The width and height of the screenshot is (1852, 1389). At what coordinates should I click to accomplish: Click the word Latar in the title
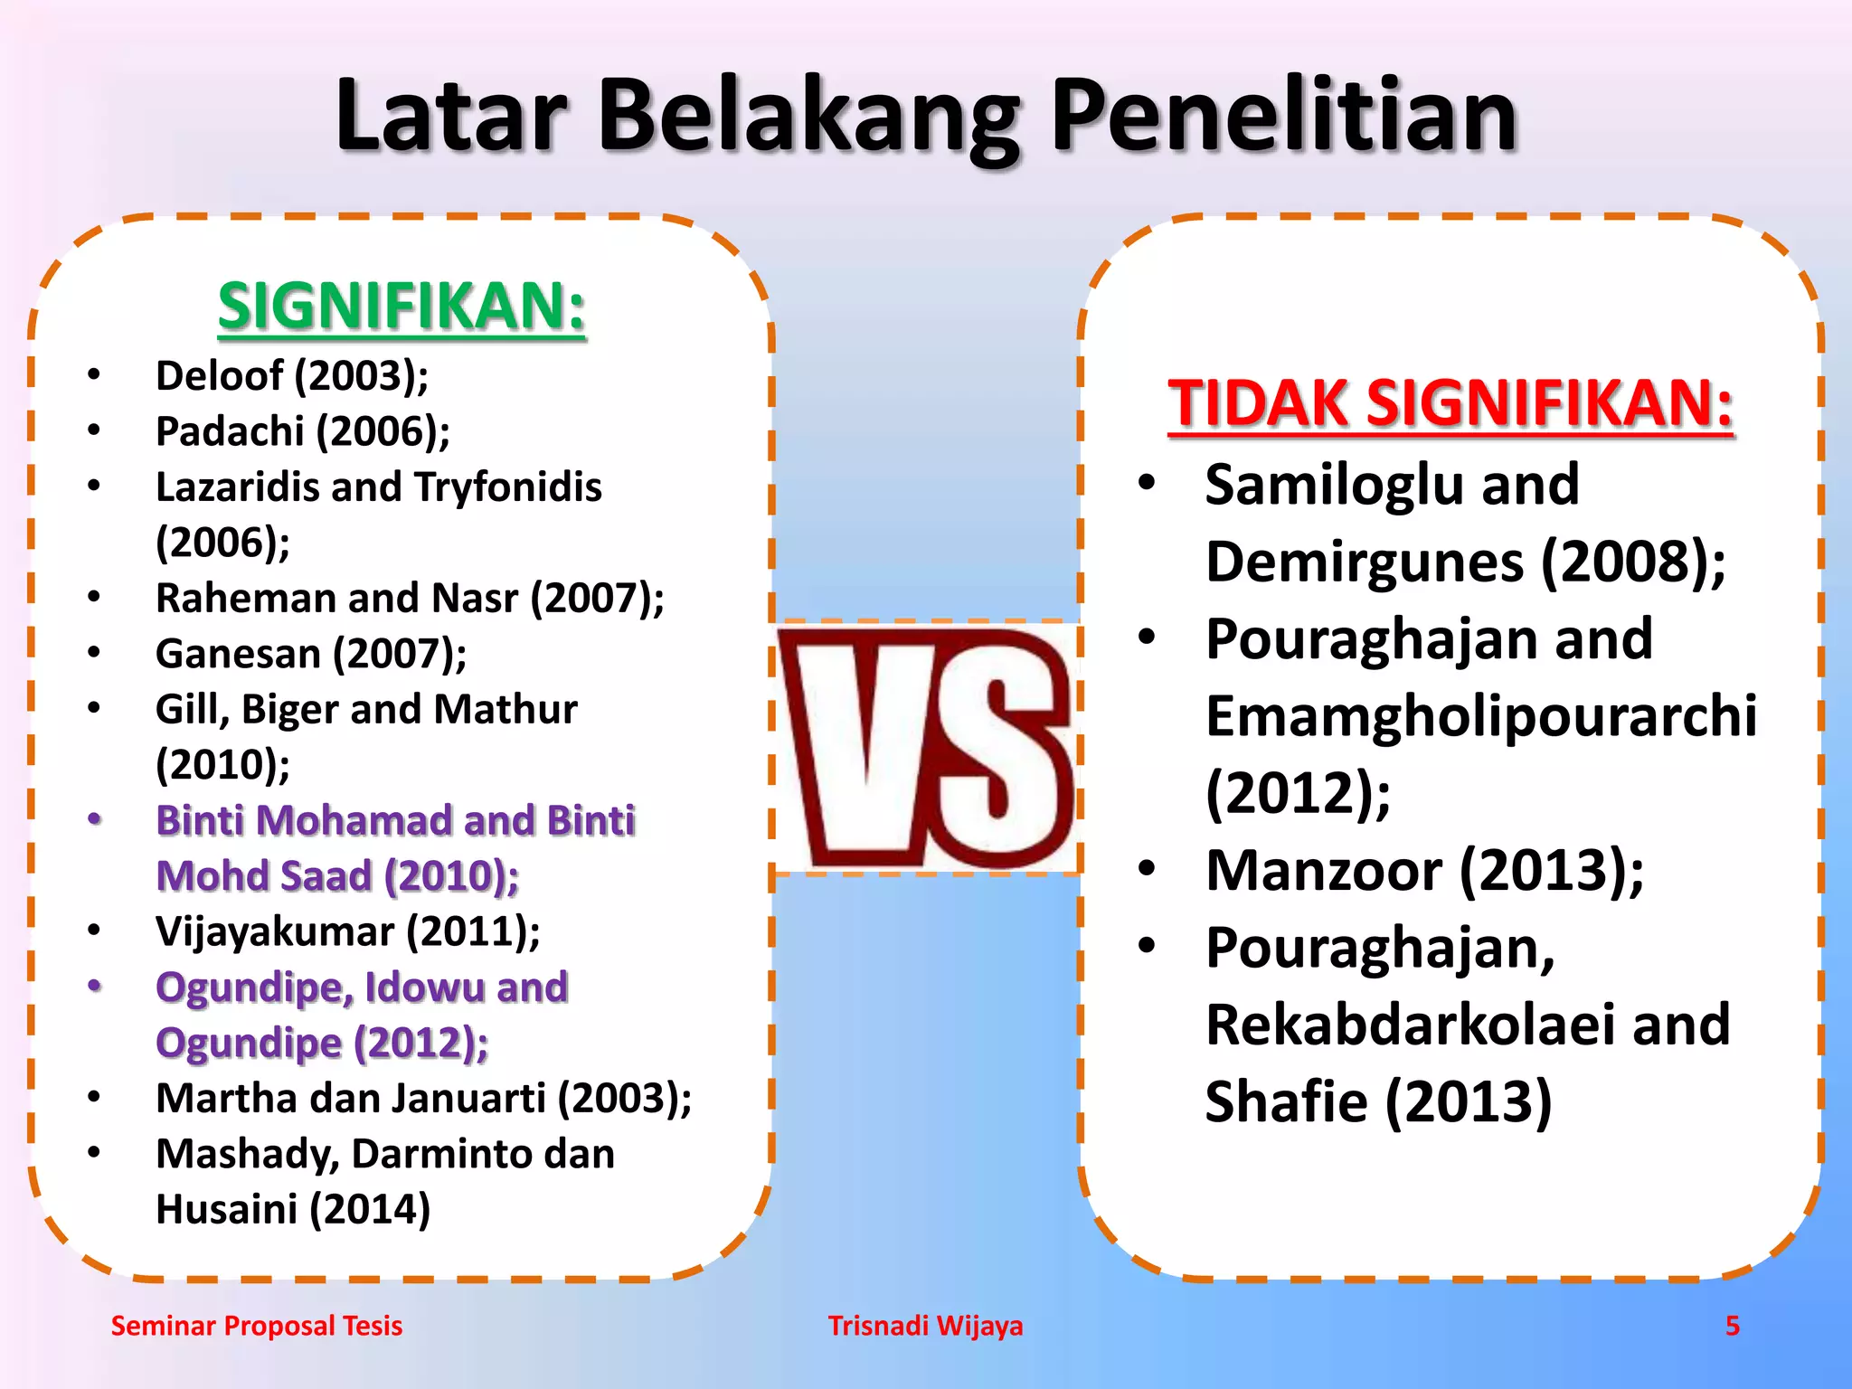tap(450, 116)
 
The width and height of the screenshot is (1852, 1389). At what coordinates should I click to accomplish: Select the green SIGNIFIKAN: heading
tap(402, 307)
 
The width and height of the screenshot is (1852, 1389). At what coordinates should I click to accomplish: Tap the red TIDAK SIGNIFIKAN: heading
tap(1450, 403)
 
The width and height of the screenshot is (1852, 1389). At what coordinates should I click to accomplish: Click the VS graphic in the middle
tap(926, 747)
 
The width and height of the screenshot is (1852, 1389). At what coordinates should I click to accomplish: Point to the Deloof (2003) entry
tap(291, 375)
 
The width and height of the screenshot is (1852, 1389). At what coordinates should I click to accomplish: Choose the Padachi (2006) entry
tap(302, 431)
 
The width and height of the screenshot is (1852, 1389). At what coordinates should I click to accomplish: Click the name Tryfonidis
tap(508, 487)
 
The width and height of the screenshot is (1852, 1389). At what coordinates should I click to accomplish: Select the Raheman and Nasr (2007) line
tap(409, 599)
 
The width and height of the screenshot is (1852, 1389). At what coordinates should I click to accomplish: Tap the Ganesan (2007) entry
tap(310, 654)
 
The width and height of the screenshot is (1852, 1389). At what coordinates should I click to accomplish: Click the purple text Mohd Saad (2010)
tap(336, 876)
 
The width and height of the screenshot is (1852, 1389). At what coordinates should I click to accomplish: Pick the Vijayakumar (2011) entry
tap(347, 931)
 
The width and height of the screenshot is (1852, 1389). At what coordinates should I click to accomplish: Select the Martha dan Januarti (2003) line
tap(423, 1099)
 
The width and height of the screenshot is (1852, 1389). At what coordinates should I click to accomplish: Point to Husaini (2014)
tap(292, 1210)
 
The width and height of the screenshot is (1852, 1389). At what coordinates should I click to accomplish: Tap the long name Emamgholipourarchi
tap(1480, 716)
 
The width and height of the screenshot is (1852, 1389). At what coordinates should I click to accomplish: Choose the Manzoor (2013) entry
tap(1424, 871)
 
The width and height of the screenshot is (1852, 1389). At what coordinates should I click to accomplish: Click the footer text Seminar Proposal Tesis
tap(256, 1326)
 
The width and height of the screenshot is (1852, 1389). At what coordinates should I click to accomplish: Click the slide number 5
tap(1732, 1326)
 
